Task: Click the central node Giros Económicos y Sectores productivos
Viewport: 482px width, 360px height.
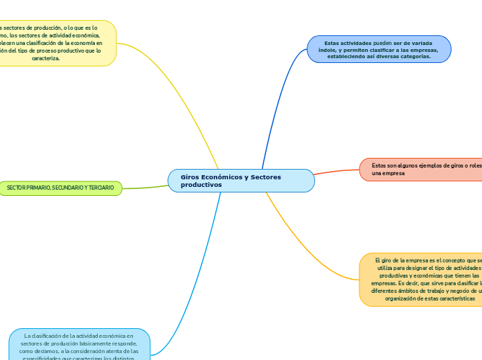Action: (241, 181)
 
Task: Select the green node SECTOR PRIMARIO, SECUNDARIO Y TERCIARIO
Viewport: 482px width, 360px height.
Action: (60, 188)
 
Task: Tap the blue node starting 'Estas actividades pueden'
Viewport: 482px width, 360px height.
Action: (379, 49)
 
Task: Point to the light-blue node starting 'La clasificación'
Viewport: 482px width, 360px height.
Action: (79, 344)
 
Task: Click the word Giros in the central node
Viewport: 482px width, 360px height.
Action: (191, 177)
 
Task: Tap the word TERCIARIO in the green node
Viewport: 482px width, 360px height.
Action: (100, 188)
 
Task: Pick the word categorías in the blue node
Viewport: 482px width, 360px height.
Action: (415, 57)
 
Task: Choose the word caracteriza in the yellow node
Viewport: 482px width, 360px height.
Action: (46, 58)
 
